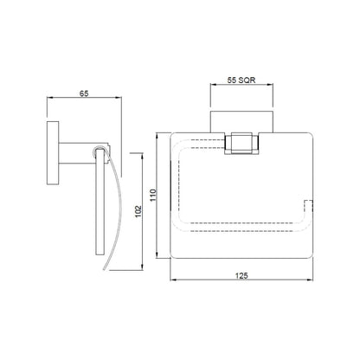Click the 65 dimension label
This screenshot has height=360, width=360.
(84, 93)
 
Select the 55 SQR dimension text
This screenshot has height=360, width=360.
(241, 80)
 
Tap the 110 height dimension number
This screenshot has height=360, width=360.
(153, 196)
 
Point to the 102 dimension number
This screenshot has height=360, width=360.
(138, 211)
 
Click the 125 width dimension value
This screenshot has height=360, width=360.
(241, 276)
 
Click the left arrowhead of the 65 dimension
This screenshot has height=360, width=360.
(49, 98)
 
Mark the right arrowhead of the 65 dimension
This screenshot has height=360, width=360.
(119, 98)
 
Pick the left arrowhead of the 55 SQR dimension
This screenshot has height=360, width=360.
(214, 85)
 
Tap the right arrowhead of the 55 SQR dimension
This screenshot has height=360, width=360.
(270, 85)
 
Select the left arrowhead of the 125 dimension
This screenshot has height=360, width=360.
(173, 280)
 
